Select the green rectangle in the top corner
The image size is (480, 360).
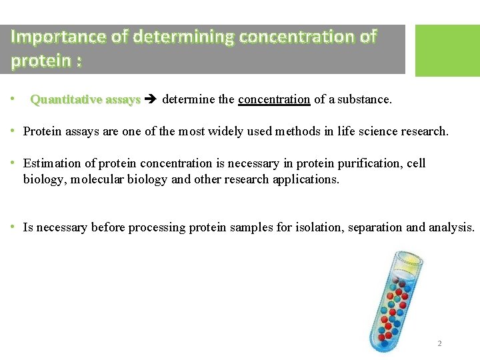(x=447, y=51)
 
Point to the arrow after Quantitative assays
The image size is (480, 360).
(x=151, y=100)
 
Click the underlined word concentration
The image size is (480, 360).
(x=274, y=100)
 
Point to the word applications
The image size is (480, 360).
(x=306, y=179)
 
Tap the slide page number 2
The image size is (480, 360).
(x=439, y=343)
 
